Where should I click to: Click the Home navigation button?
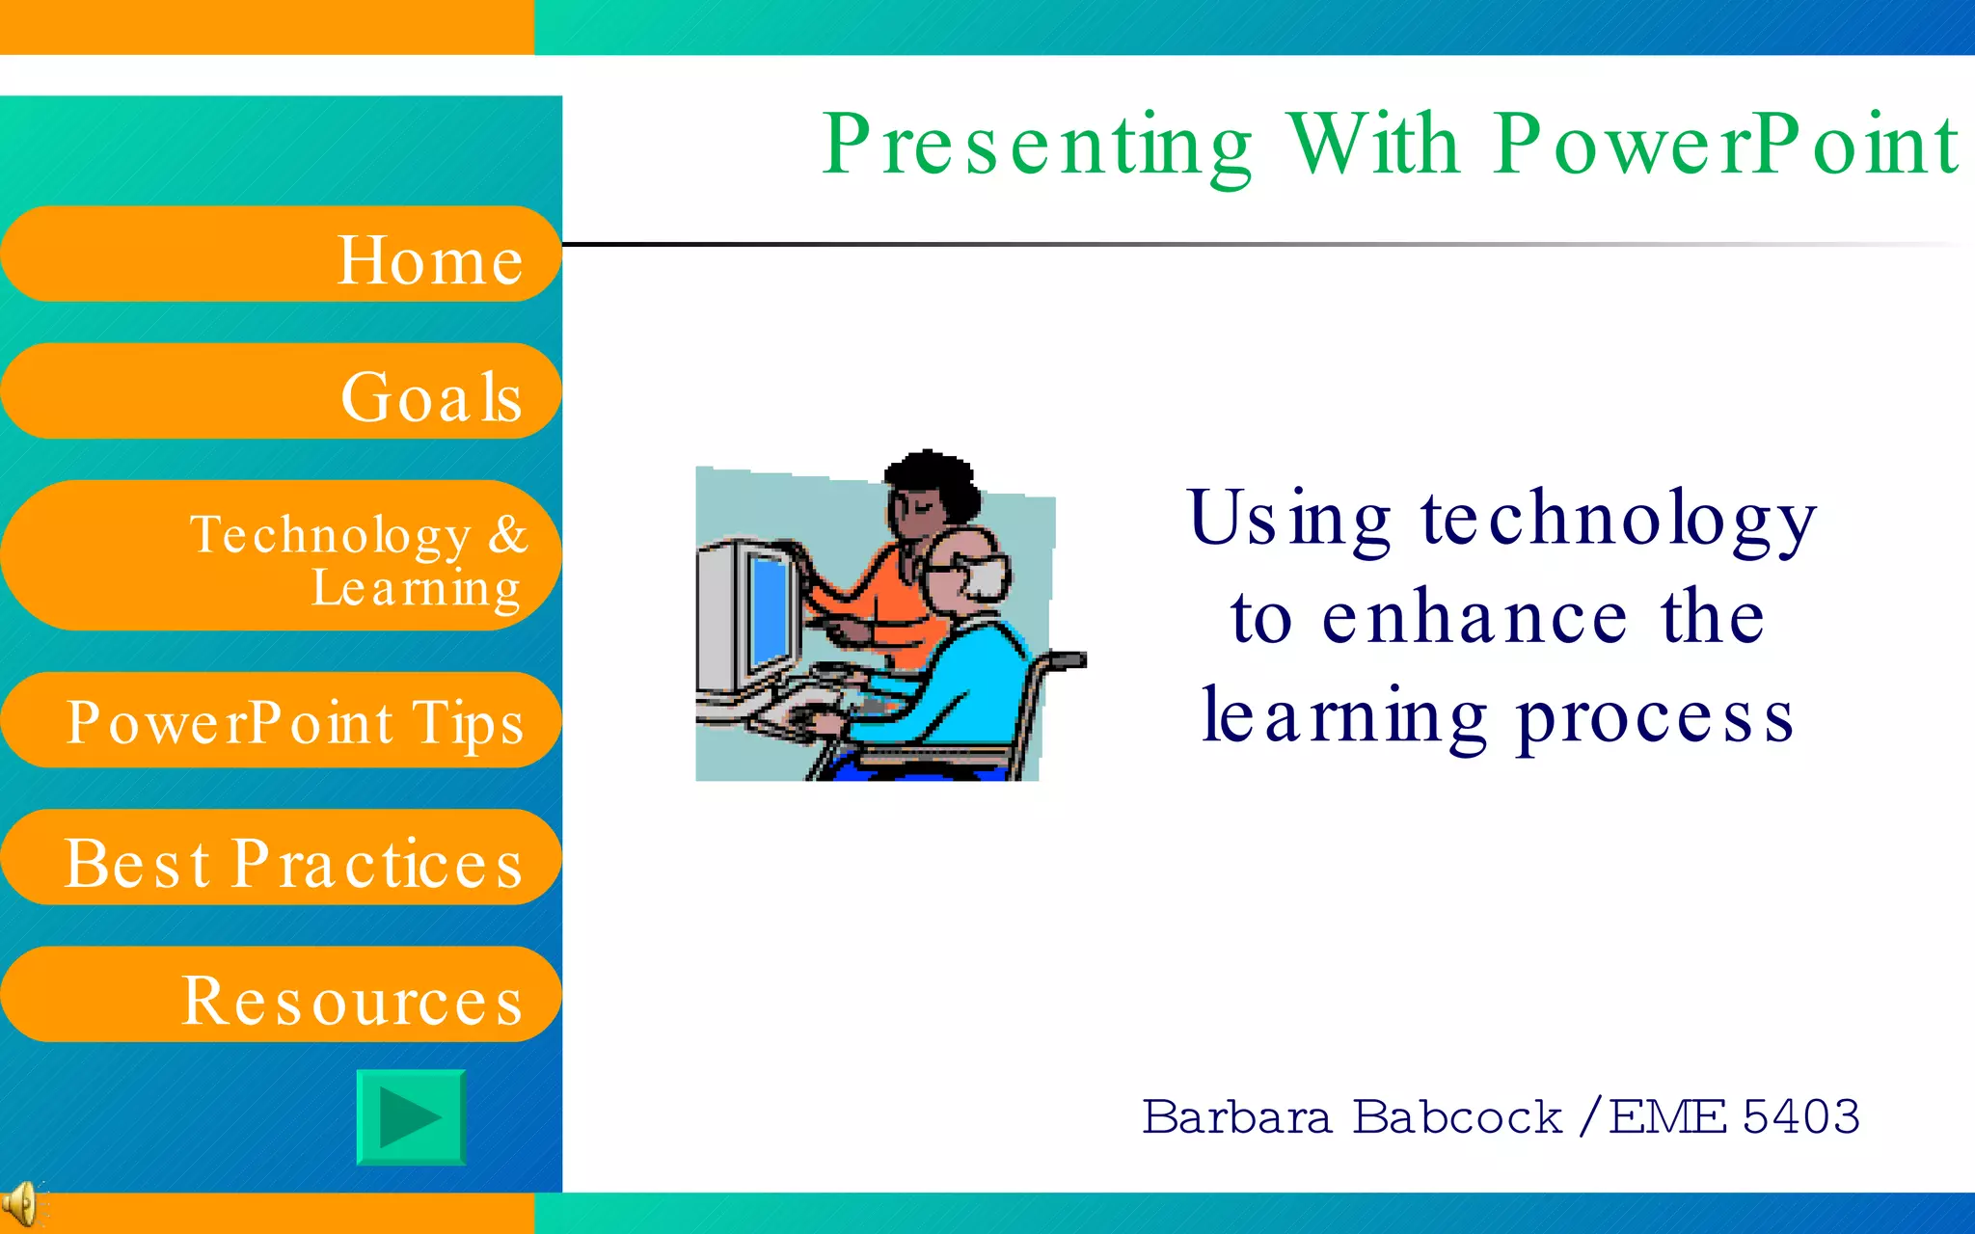coord(280,255)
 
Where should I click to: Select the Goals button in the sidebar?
coord(280,391)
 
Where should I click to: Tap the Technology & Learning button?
coord(280,556)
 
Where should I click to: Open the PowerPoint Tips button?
coord(280,720)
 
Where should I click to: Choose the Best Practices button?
coord(280,858)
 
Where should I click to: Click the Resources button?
coord(280,995)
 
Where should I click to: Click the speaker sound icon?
coord(19,1203)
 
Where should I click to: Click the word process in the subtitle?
coord(1654,718)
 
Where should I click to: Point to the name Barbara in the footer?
coord(1236,1117)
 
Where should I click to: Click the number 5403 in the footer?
coord(1801,1117)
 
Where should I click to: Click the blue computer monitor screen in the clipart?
coord(770,607)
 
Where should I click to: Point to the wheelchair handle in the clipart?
coord(1066,659)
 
